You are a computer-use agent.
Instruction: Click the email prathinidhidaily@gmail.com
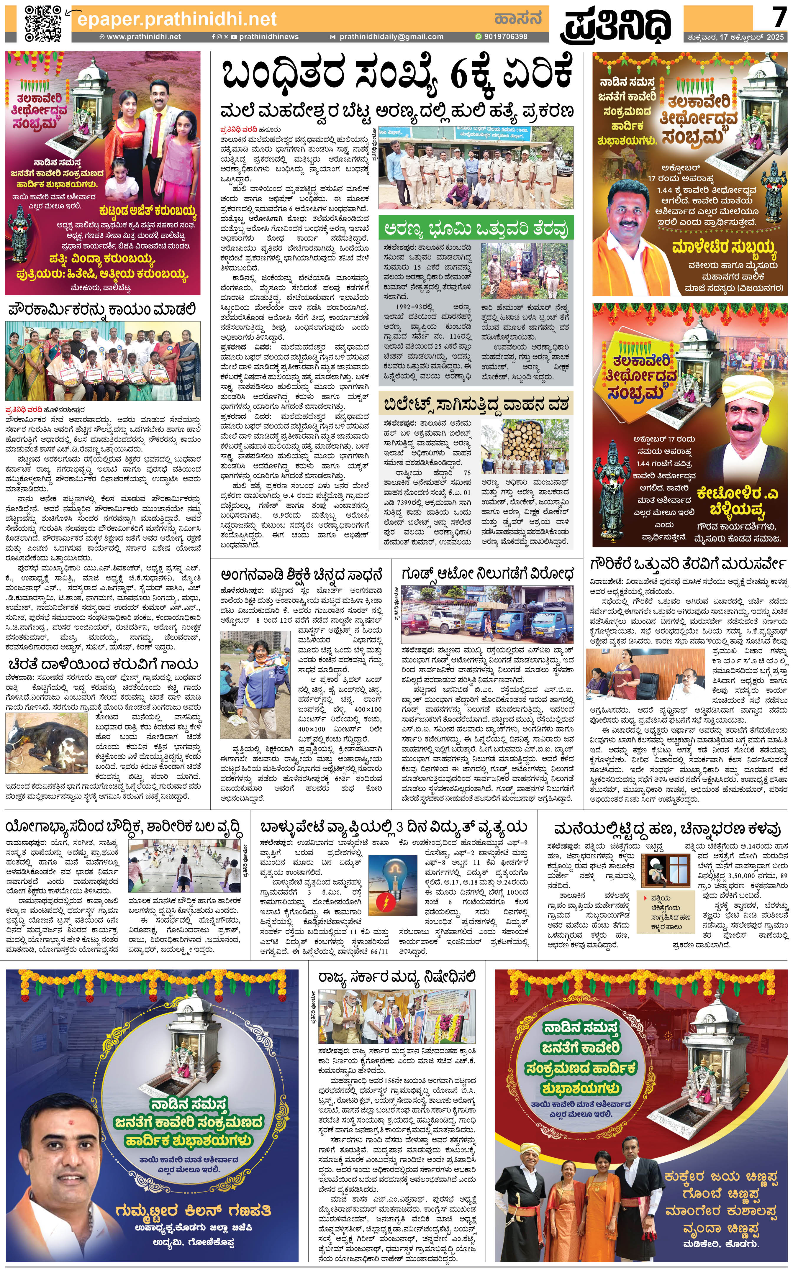coord(391,37)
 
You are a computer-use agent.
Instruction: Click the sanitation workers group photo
coord(103,361)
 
